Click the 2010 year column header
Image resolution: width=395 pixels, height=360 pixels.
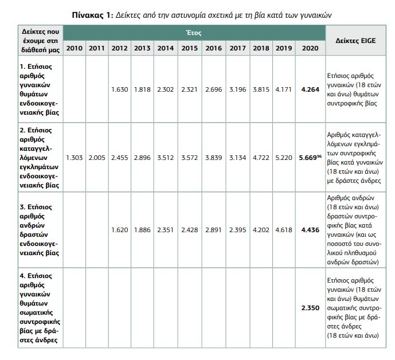click(x=74, y=48)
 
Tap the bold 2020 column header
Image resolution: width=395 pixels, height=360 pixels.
click(x=310, y=48)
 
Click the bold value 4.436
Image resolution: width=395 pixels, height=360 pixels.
click(x=310, y=230)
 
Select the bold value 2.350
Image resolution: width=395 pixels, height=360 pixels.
click(x=310, y=308)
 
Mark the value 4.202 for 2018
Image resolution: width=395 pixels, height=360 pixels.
click(x=261, y=230)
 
